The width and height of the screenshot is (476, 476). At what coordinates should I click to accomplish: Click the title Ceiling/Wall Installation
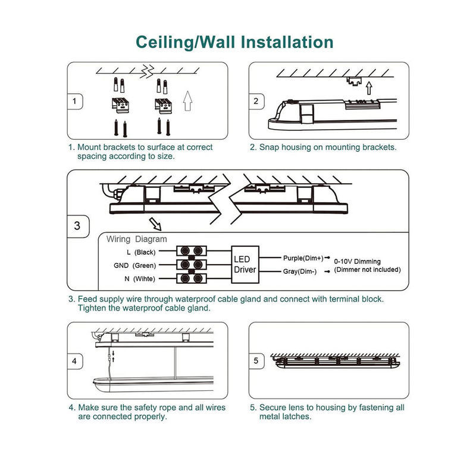coord(234,42)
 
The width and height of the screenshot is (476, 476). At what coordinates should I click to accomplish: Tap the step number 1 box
coord(74,101)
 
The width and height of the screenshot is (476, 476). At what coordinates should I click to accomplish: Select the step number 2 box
coord(256,101)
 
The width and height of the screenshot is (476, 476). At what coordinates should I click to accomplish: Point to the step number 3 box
coord(77,226)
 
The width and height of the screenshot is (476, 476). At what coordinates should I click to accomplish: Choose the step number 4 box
coord(74,361)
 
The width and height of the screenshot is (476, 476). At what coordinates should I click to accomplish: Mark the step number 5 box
coord(256,361)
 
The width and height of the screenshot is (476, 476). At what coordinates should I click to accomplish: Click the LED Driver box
coord(245,264)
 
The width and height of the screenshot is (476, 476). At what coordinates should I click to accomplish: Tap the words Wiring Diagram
coord(137,239)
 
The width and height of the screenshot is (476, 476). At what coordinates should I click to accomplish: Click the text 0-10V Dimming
coord(357,261)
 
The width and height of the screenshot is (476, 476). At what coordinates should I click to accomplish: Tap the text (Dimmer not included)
coord(367,270)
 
